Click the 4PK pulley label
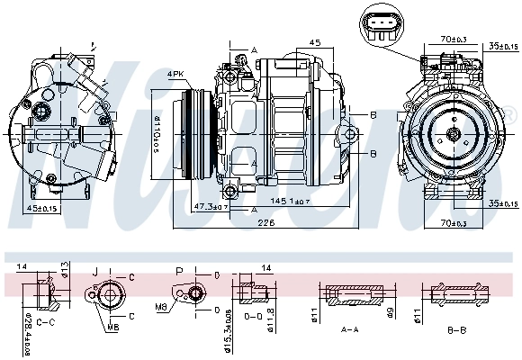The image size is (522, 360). click(x=175, y=74)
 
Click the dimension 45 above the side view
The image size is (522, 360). click(x=316, y=42)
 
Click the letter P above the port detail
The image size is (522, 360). click(x=178, y=270)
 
